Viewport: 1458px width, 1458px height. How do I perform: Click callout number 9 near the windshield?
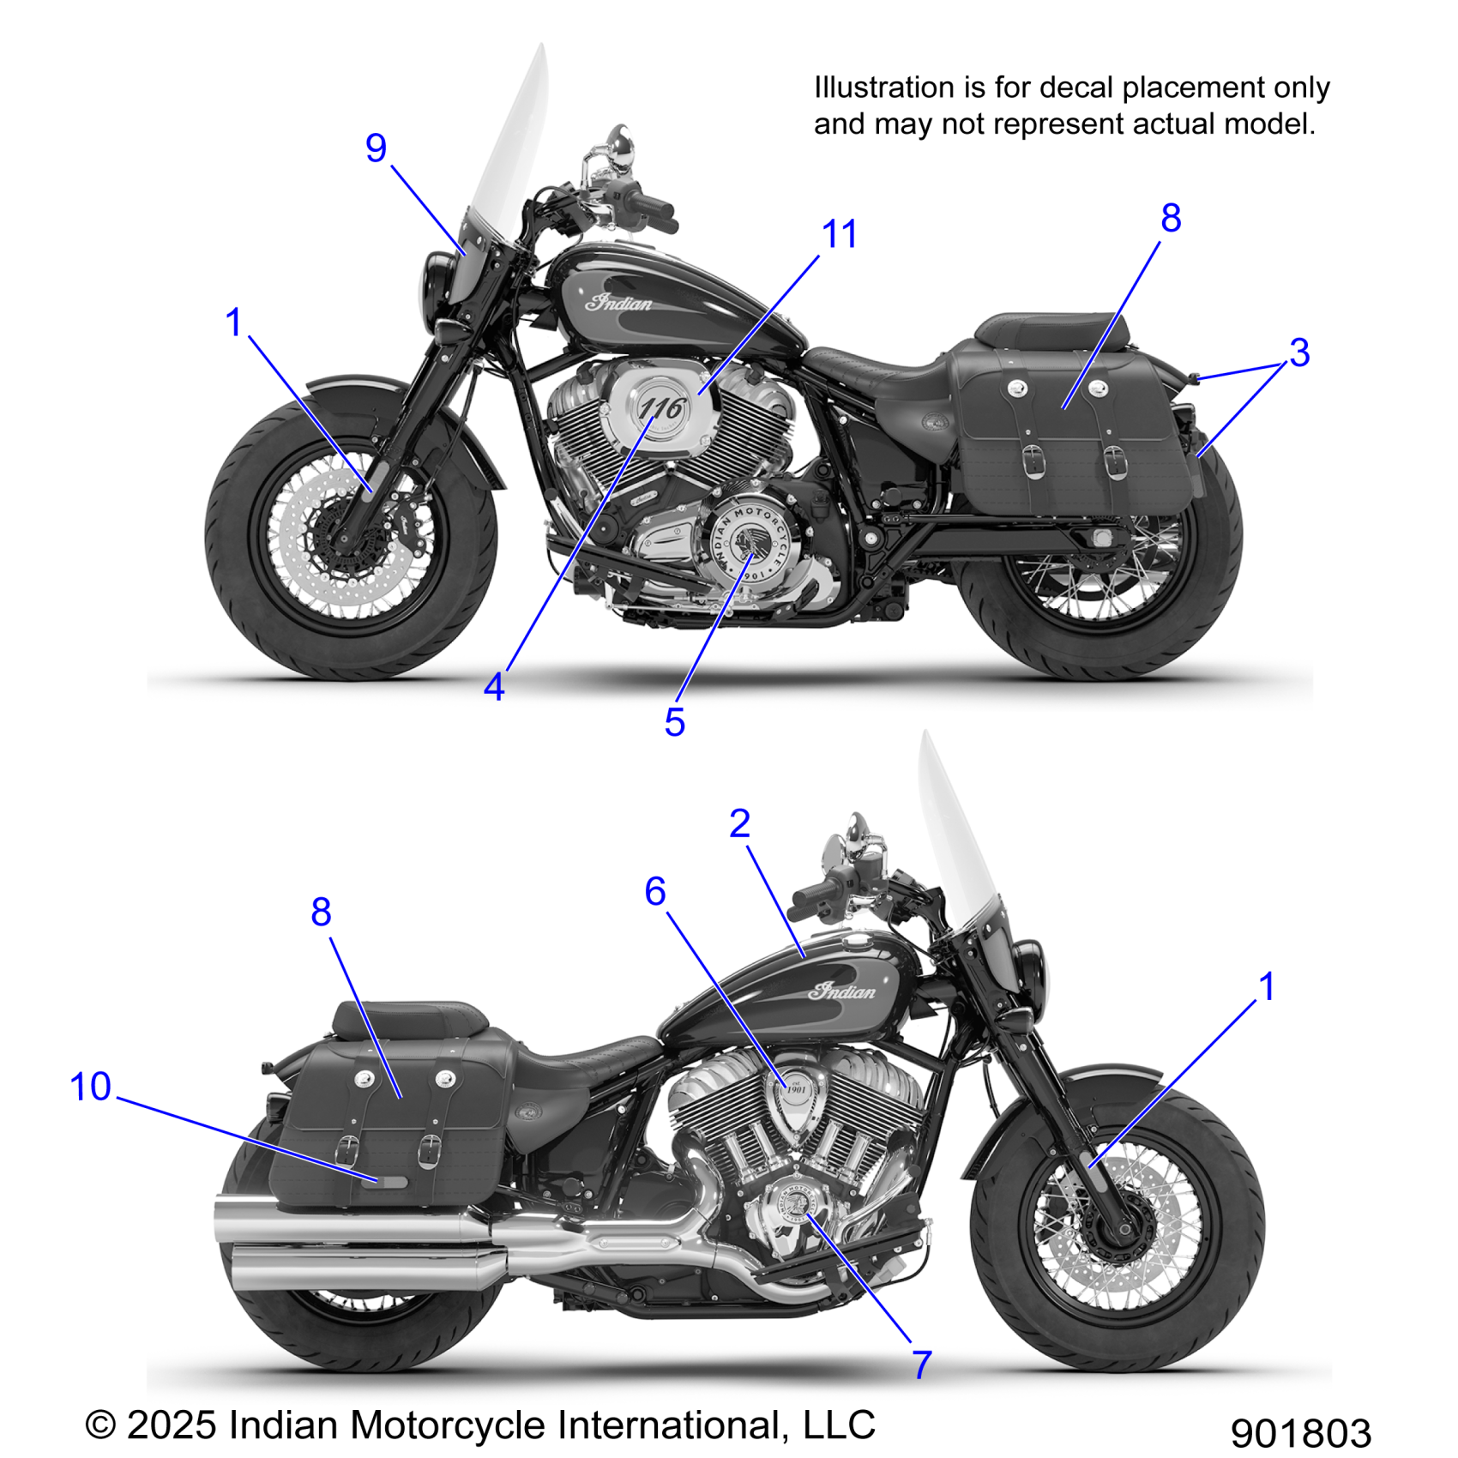pos(377,148)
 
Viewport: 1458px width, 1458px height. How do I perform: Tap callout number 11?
pos(839,234)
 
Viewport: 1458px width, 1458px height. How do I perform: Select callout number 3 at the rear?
pos(1298,352)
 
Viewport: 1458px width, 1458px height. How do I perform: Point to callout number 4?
pos(494,687)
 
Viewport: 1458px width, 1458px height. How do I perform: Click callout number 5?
pos(674,723)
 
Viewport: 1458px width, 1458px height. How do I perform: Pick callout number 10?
pos(90,1087)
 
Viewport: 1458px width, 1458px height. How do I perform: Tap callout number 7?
pos(921,1365)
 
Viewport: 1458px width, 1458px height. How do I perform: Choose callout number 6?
pos(655,892)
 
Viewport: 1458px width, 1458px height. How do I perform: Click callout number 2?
pos(739,824)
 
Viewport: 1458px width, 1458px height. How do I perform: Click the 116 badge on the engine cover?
pos(662,408)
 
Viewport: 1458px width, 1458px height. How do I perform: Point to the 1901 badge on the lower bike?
pos(797,1089)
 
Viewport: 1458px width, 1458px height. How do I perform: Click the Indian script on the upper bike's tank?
pos(618,302)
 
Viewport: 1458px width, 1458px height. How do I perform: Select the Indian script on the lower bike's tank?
pos(842,991)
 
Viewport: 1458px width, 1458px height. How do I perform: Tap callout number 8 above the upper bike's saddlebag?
pos(1171,219)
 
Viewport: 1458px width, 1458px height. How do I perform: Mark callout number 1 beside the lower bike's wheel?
pos(1266,986)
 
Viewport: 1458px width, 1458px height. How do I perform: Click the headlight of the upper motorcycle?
pos(434,276)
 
